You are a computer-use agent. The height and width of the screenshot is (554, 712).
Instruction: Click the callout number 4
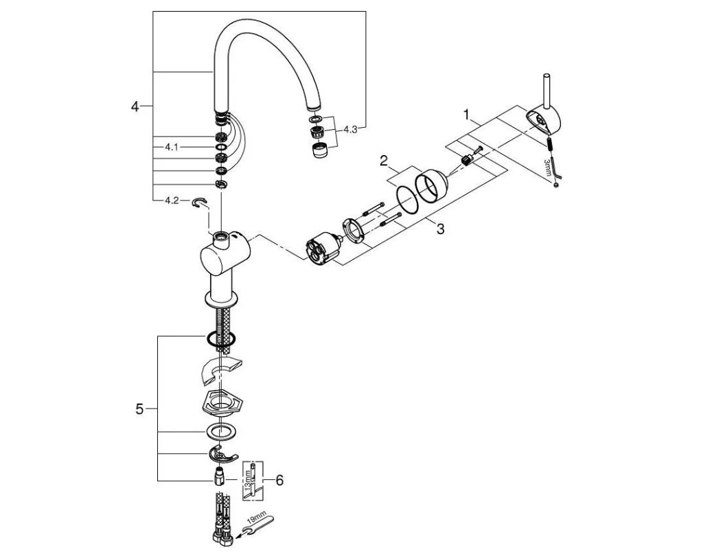tap(135, 106)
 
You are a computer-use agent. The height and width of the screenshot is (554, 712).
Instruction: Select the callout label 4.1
tap(171, 147)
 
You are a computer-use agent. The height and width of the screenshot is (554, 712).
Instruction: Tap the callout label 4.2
tap(171, 200)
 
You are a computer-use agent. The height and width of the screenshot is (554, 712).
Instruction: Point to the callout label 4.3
tap(350, 128)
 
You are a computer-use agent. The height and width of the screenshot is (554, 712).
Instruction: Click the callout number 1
tap(467, 114)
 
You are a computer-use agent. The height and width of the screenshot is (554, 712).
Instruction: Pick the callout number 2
tap(384, 162)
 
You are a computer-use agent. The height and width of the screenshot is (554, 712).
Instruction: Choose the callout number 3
tap(439, 229)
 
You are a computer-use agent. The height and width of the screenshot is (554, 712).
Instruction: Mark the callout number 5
tap(139, 409)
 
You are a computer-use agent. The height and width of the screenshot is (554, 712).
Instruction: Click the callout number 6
tap(279, 481)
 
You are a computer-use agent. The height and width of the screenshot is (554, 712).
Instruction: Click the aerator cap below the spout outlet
tap(318, 150)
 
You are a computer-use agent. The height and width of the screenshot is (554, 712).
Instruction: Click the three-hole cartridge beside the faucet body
tap(320, 251)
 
